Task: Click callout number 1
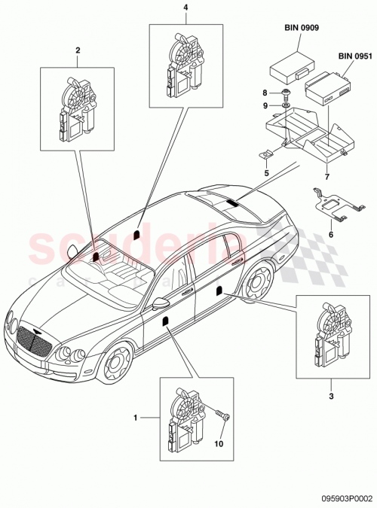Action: point(136,416)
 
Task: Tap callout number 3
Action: point(330,393)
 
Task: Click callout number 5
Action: point(266,172)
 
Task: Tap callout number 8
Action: point(265,93)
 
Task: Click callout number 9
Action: point(265,105)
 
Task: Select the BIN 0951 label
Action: point(354,56)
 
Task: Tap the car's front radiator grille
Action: point(35,347)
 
